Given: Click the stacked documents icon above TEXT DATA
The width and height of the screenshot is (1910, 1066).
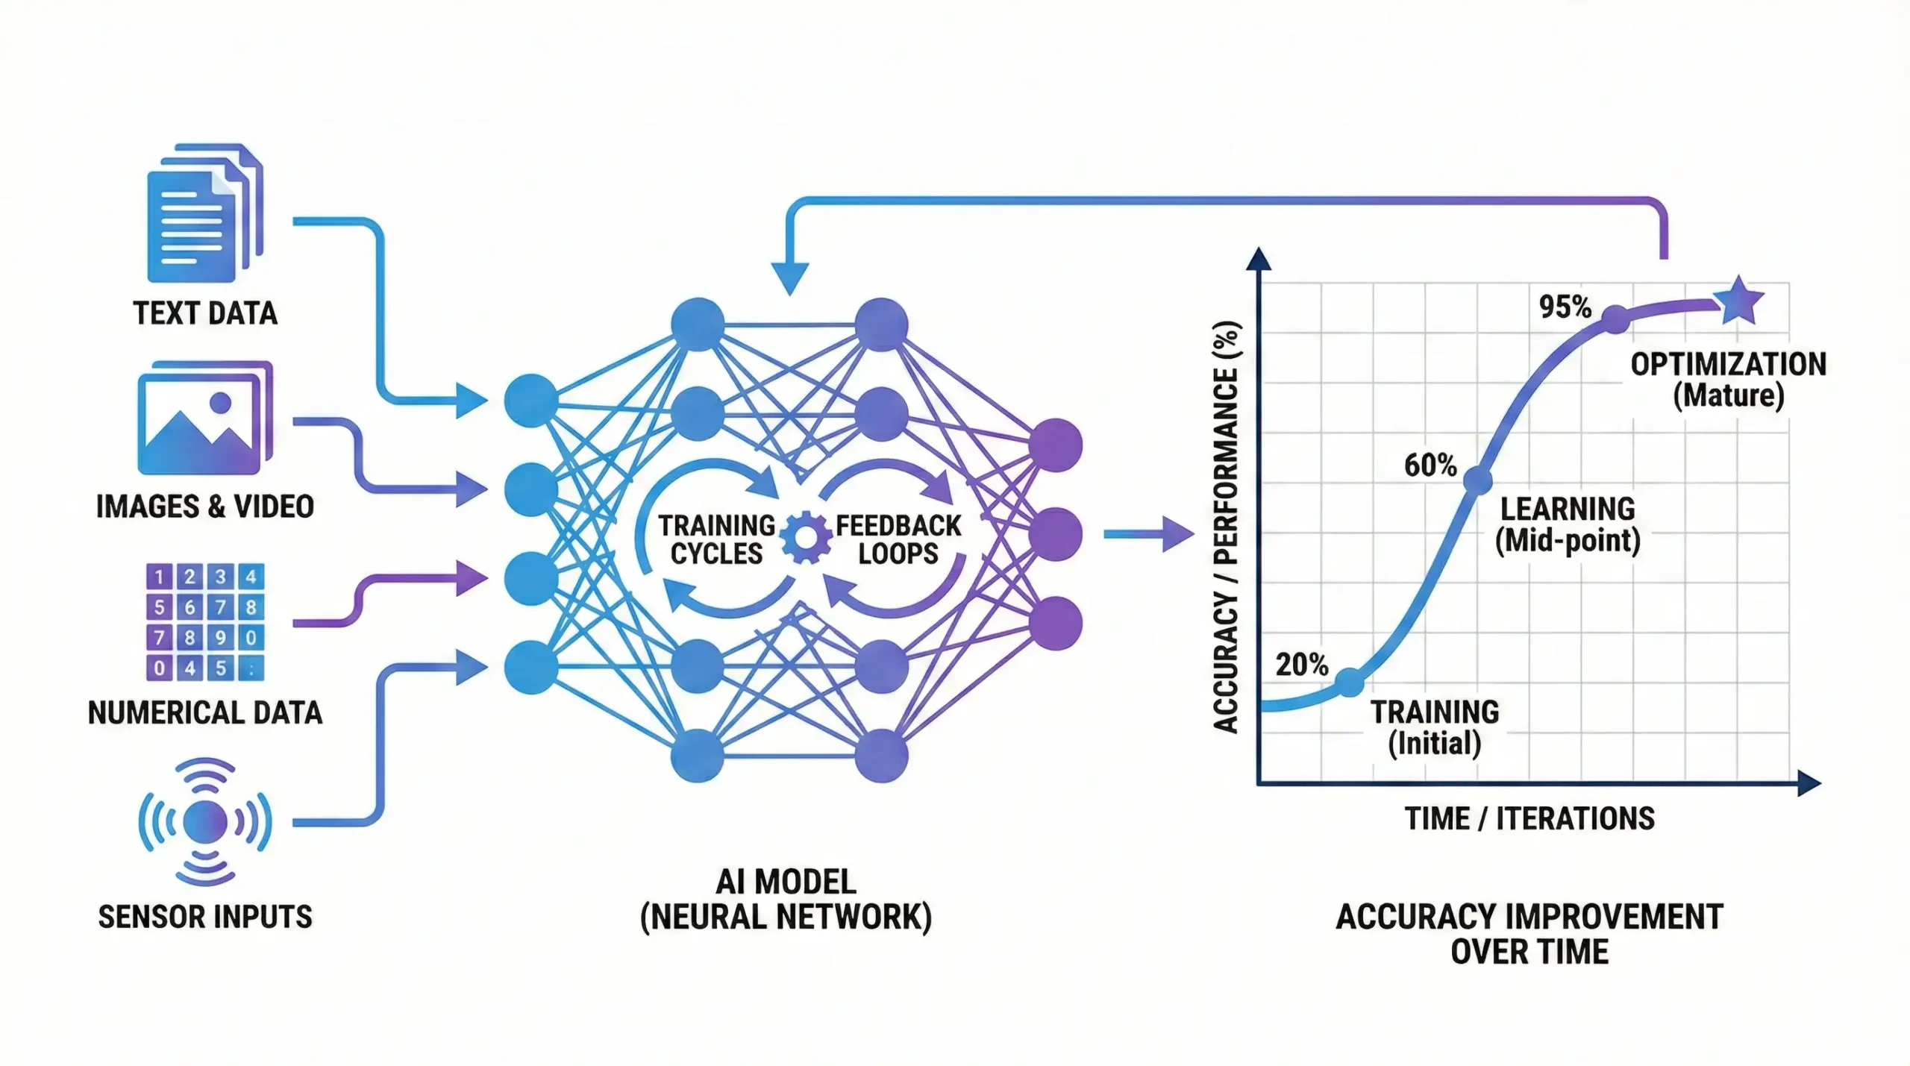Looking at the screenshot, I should coord(204,213).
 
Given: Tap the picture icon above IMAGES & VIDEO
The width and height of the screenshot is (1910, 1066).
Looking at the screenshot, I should coord(204,419).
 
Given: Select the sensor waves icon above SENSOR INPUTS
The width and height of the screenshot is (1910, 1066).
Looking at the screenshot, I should coord(205,821).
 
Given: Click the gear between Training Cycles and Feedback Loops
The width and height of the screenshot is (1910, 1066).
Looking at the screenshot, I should coord(806,537).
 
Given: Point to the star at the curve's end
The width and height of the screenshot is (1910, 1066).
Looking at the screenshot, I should coord(1738,300).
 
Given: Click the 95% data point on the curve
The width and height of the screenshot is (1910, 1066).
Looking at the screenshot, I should coord(1615,319).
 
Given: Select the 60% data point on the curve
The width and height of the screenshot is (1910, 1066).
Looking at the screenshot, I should coord(1477,480).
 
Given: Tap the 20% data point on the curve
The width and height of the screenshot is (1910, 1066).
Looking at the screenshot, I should coord(1349,683).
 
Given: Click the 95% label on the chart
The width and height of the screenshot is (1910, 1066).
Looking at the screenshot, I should coord(1565,307).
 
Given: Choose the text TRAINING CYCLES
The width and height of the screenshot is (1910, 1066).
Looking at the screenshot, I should coord(716,539).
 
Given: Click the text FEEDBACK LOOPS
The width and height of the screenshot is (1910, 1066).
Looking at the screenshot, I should coord(898,539).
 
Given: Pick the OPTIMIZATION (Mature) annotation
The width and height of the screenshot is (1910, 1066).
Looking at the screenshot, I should coord(1728,380).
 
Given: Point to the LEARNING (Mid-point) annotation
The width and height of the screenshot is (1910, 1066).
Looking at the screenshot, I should coord(1568,524).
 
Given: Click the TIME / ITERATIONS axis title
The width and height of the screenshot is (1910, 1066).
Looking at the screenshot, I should coord(1529,818).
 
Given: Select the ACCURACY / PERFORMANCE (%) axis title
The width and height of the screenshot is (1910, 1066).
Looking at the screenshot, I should coord(1225,527).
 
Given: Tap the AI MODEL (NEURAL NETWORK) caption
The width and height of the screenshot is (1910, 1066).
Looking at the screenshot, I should coord(786,900).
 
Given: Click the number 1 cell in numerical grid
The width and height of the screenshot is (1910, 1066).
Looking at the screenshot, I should coord(159,576).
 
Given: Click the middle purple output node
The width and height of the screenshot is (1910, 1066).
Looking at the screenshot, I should coord(1055,534).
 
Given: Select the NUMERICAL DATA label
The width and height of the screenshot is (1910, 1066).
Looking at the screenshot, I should coord(205,712).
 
